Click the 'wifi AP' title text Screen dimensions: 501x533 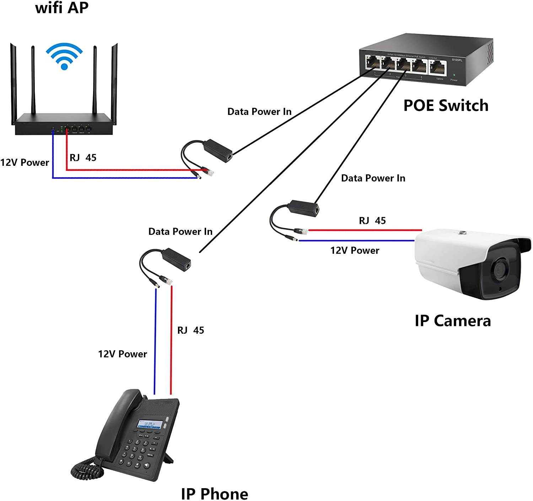[61, 7]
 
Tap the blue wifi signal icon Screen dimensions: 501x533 [64, 56]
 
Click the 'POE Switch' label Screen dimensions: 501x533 [446, 106]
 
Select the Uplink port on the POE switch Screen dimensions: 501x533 [438, 67]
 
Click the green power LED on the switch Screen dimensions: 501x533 [454, 75]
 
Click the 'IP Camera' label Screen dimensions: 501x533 [453, 321]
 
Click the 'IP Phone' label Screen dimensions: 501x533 [214, 494]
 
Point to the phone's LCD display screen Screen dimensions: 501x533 [150, 424]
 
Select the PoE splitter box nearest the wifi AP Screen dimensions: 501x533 [217, 148]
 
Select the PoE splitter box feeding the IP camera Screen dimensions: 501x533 [304, 208]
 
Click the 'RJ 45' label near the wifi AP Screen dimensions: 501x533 [83, 158]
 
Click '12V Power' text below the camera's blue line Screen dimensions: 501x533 [355, 250]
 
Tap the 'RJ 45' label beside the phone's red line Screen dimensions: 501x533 [190, 330]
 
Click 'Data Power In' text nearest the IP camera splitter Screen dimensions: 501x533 [373, 178]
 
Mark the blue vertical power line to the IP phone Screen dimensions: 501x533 [155, 342]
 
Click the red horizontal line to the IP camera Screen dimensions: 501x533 [366, 230]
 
